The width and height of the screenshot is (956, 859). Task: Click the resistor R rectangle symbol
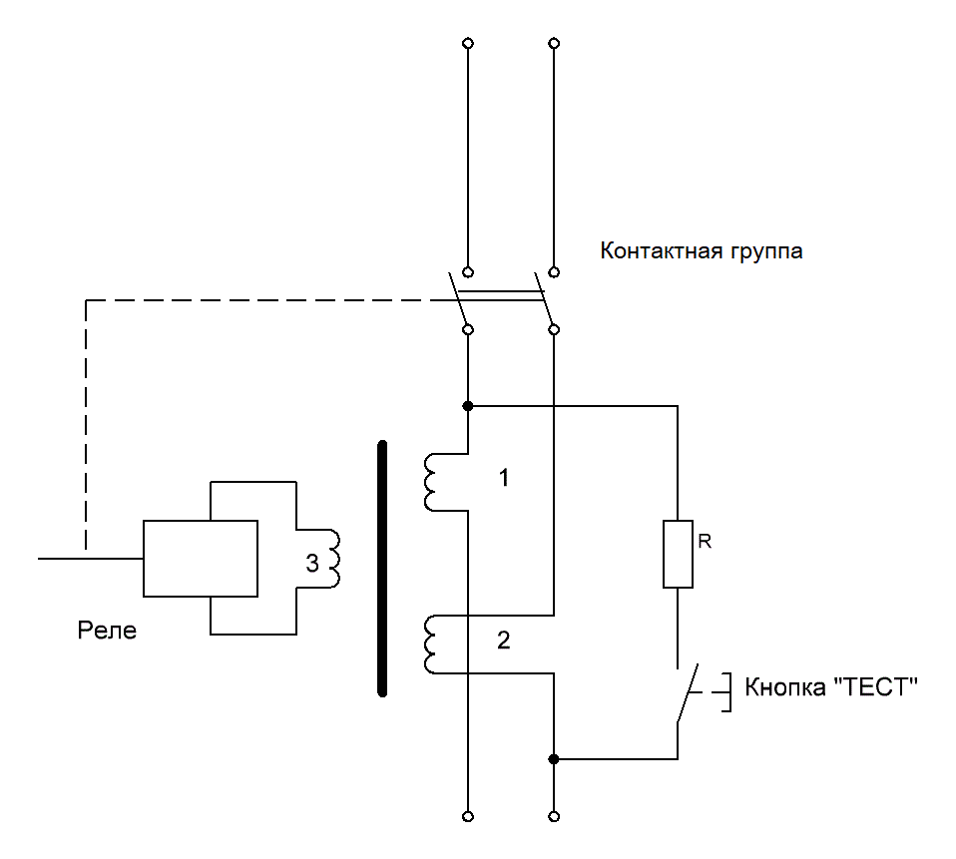point(678,554)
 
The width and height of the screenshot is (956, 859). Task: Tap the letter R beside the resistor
point(705,543)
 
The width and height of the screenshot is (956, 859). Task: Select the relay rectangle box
point(201,558)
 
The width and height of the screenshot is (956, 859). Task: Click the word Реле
point(106,632)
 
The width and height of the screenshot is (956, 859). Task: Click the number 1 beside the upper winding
point(504,479)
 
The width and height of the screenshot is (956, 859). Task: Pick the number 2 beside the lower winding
point(504,642)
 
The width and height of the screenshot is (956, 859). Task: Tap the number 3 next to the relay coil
point(311,565)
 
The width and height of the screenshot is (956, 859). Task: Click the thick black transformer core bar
point(381,568)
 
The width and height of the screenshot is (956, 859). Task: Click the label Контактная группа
point(701,251)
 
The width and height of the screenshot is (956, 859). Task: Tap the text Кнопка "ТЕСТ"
point(831,687)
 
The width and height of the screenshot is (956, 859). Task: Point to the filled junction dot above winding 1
point(468,406)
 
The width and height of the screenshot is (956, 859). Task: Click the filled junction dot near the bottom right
point(554,759)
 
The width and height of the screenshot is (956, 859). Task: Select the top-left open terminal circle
point(468,44)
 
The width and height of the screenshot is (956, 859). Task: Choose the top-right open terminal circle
point(554,44)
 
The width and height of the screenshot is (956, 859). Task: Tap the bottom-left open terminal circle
point(468,816)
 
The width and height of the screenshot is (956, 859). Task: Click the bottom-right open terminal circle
point(554,816)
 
